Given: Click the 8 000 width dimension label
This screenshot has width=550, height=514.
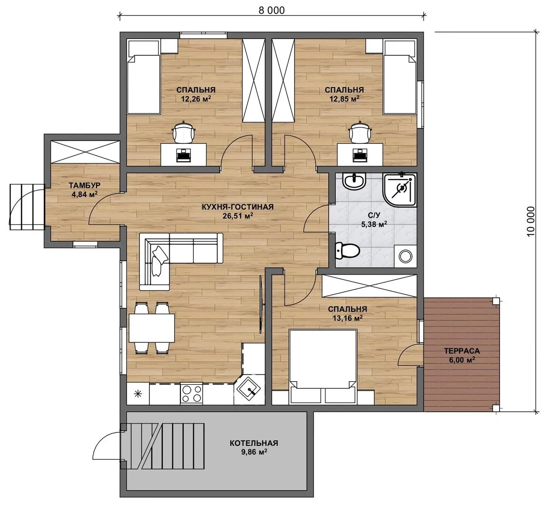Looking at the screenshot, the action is pyautogui.click(x=272, y=10).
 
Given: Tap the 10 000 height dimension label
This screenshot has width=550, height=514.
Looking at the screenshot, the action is pyautogui.click(x=530, y=221).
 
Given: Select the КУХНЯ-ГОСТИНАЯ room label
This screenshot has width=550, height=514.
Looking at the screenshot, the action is pyautogui.click(x=237, y=207).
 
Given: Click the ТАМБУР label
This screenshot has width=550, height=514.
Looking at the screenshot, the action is pyautogui.click(x=85, y=185).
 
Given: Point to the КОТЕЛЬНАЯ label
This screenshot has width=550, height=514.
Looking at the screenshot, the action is pyautogui.click(x=254, y=443).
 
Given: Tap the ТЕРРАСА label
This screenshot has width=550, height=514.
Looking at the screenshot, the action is pyautogui.click(x=462, y=351).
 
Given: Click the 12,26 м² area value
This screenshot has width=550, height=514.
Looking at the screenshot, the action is pyautogui.click(x=196, y=99).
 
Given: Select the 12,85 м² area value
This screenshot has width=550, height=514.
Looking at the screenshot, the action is pyautogui.click(x=344, y=99).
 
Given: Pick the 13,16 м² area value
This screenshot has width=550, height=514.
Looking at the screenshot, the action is pyautogui.click(x=347, y=318).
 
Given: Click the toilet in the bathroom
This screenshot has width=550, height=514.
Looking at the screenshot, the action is pyautogui.click(x=347, y=250).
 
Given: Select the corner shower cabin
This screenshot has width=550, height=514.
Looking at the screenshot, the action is pyautogui.click(x=400, y=190).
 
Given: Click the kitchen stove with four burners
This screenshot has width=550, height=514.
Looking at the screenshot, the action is pyautogui.click(x=191, y=393).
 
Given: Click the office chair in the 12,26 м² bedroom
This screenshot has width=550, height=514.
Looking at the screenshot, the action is pyautogui.click(x=183, y=132).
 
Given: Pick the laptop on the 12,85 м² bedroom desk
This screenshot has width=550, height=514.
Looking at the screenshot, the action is pyautogui.click(x=359, y=154).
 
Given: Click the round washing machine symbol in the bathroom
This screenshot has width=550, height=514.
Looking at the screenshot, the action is pyautogui.click(x=406, y=256).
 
